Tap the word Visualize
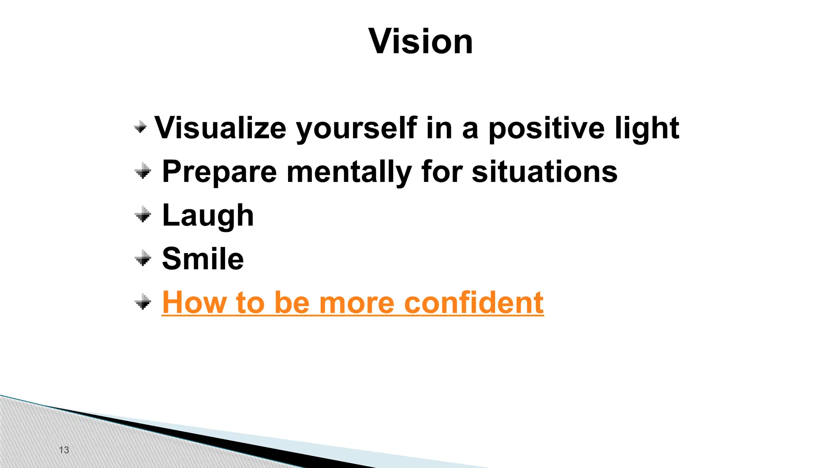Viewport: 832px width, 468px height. pos(220,128)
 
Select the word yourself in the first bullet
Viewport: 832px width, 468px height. pos(356,128)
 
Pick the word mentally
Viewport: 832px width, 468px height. pos(349,172)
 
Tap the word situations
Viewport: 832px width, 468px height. pos(544,171)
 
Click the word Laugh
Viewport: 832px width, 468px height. pos(208,215)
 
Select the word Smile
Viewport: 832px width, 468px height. pos(203,259)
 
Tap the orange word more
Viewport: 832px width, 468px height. pos(356,303)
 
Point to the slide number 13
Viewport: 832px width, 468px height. pos(64,450)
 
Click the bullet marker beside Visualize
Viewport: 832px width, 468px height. pos(140,127)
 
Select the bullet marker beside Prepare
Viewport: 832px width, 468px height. pos(143,171)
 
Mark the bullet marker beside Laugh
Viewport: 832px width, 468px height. pos(143,214)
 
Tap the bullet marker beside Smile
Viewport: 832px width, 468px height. pos(143,258)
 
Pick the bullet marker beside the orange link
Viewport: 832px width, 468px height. pos(143,302)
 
